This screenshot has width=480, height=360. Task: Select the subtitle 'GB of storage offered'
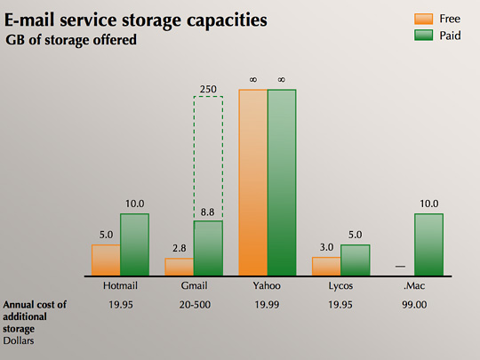pyautogui.click(x=72, y=39)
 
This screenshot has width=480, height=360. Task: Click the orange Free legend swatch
pyautogui.click(x=423, y=17)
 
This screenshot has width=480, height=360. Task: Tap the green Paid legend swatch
pyautogui.click(x=423, y=36)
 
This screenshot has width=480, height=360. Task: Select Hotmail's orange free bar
pyautogui.click(x=106, y=260)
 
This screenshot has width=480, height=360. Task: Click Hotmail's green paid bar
pyautogui.click(x=134, y=244)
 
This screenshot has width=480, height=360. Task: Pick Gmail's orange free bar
pyautogui.click(x=179, y=266)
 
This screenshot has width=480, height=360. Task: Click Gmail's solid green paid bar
pyautogui.click(x=208, y=248)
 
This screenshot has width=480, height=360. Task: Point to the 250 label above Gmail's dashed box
pyautogui.click(x=209, y=88)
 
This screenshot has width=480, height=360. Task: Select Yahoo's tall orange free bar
pyautogui.click(x=253, y=182)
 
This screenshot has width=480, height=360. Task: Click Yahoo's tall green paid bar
pyautogui.click(x=282, y=182)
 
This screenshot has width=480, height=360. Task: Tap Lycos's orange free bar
pyautogui.click(x=326, y=266)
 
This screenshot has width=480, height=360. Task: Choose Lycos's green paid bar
pyautogui.click(x=355, y=260)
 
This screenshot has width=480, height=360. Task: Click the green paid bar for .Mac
pyautogui.click(x=428, y=244)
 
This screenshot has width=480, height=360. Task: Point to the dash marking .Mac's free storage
pyautogui.click(x=400, y=267)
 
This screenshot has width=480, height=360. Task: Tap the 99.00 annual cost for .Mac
pyautogui.click(x=413, y=305)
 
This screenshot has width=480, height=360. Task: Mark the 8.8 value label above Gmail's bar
pyautogui.click(x=209, y=212)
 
